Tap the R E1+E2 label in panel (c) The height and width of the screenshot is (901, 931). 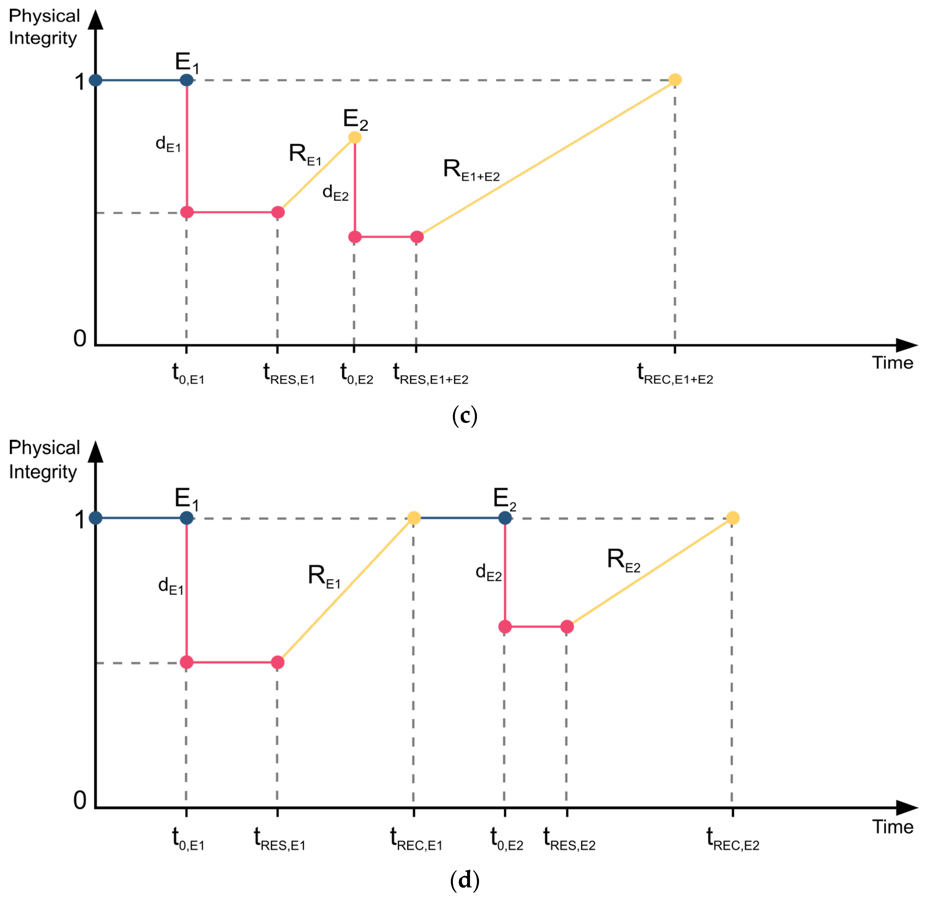click(471, 170)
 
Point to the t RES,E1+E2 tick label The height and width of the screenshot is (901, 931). click(430, 374)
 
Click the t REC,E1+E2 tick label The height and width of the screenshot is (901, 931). click(675, 374)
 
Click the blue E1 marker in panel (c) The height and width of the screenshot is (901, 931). click(187, 80)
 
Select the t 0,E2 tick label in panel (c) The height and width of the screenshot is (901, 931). click(357, 374)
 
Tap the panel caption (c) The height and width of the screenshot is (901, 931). click(464, 416)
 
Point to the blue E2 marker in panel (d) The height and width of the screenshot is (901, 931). click(505, 518)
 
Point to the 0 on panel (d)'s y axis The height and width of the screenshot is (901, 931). click(80, 800)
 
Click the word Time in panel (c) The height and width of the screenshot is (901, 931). click(892, 363)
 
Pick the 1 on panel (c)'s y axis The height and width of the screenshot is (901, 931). click(79, 82)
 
